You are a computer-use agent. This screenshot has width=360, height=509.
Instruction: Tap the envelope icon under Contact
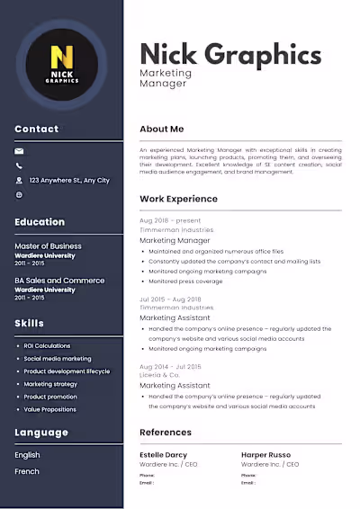pos(20,152)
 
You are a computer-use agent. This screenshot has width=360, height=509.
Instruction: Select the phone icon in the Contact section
pos(20,166)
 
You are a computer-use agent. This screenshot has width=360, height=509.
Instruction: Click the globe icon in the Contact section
pos(20,194)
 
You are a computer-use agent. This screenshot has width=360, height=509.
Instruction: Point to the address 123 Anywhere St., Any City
pos(69,181)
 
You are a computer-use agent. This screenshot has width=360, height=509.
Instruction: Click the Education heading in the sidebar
pos(40,222)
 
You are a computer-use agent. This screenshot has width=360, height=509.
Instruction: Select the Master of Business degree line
pos(48,246)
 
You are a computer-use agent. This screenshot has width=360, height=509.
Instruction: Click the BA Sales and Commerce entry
pos(59,281)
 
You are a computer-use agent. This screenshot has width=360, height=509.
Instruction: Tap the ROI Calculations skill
pos(47,345)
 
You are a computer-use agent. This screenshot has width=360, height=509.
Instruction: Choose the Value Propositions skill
pos(49,409)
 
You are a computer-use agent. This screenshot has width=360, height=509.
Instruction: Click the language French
pos(27,471)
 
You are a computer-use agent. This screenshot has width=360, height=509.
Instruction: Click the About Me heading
pos(162,129)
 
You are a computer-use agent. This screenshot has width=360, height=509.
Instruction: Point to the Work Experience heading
pos(178,199)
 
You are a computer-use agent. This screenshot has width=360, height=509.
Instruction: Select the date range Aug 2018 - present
pos(170,220)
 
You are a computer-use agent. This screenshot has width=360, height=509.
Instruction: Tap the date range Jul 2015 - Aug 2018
pos(171,298)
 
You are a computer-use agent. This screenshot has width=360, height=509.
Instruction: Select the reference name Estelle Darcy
pos(164,455)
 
